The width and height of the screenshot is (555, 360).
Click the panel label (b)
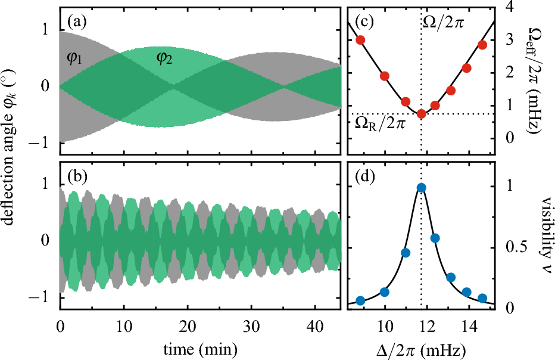coord(78,180)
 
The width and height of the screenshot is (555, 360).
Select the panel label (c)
coord(364,23)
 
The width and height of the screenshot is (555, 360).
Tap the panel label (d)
coord(364,180)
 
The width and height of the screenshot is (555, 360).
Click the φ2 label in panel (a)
coord(165,58)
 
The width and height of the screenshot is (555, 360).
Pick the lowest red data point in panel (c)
coord(421,113)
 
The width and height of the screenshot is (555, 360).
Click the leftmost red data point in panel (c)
coord(360,40)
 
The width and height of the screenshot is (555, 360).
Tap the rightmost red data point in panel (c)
coord(482,45)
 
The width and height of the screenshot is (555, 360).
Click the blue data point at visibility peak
coord(421,188)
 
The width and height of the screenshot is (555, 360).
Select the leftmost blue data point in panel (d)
coord(360,300)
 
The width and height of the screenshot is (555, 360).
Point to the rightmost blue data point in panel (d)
coord(482,298)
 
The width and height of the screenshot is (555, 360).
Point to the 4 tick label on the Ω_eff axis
coord(508,7)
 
